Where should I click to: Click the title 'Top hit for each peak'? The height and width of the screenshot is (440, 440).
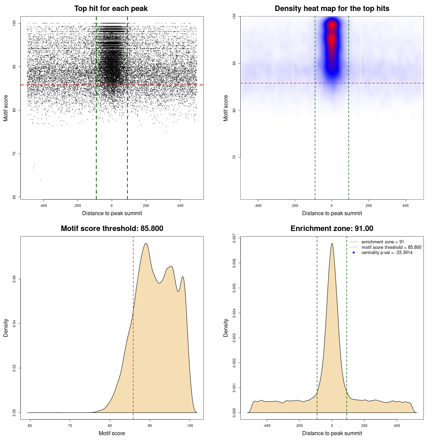111,9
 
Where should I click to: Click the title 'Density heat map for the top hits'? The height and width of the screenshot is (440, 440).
332,9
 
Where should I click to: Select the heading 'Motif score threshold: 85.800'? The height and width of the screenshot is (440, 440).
112,229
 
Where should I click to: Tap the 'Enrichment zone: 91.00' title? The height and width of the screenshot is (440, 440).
332,229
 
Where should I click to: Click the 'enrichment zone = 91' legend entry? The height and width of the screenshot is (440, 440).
383,242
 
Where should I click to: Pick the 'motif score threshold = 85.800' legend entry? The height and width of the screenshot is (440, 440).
391,247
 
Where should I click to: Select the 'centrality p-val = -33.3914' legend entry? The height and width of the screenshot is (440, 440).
387,253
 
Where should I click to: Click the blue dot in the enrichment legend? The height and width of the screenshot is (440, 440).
354,253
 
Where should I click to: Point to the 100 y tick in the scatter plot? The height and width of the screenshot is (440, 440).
14,23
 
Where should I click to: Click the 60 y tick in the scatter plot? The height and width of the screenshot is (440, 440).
14,197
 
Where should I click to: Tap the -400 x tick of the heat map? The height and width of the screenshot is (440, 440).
258,206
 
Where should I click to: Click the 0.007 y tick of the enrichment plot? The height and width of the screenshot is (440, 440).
234,239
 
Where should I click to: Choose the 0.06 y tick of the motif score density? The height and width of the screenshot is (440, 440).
14,279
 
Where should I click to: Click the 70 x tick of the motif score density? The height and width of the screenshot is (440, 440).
70,426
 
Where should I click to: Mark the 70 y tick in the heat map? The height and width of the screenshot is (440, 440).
234,157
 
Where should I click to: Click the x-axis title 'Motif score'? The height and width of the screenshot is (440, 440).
112,433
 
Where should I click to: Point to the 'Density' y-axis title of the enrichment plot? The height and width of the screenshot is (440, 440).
226,328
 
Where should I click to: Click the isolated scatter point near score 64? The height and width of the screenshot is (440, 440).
40,179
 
